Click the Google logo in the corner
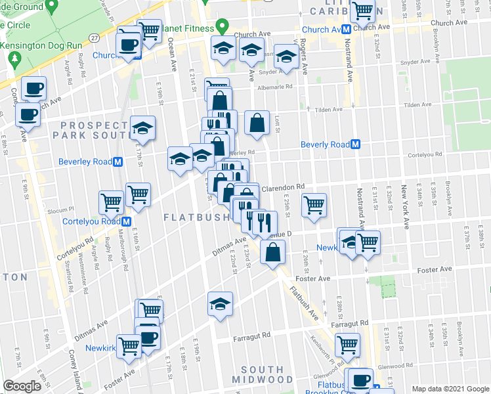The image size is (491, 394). [x=22, y=386]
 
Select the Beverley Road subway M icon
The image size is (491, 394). [x=118, y=161]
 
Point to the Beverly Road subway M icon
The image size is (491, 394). [x=355, y=144]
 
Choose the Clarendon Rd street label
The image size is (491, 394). [x=284, y=188]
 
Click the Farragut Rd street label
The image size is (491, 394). [x=252, y=336]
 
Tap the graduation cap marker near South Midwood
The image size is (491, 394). [x=221, y=304]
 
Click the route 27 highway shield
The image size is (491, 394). [x=95, y=37]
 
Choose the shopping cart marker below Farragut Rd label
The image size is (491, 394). [x=347, y=344]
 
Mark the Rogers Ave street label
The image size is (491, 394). [x=303, y=58]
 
